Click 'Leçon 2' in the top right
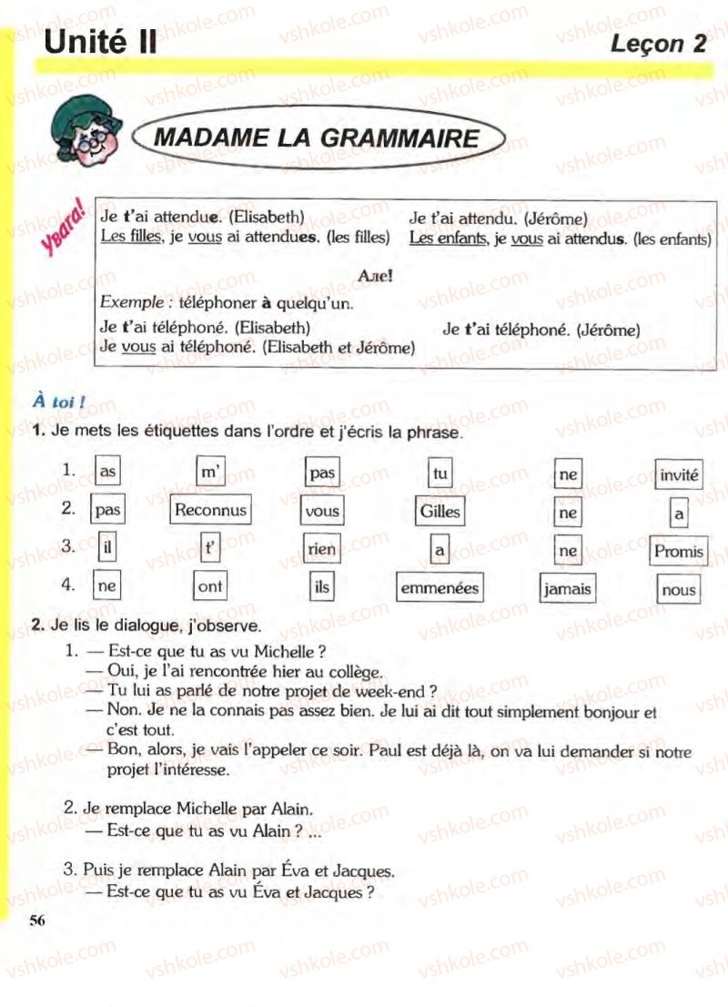(x=658, y=43)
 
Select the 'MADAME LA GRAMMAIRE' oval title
(x=317, y=138)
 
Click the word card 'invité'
(x=679, y=474)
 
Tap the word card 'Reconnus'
(x=210, y=510)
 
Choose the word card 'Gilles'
(x=440, y=511)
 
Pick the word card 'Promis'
(x=678, y=551)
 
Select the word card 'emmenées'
(x=439, y=588)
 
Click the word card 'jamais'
(x=567, y=589)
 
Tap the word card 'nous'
(x=678, y=590)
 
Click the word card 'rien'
(x=322, y=549)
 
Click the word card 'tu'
(x=441, y=473)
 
